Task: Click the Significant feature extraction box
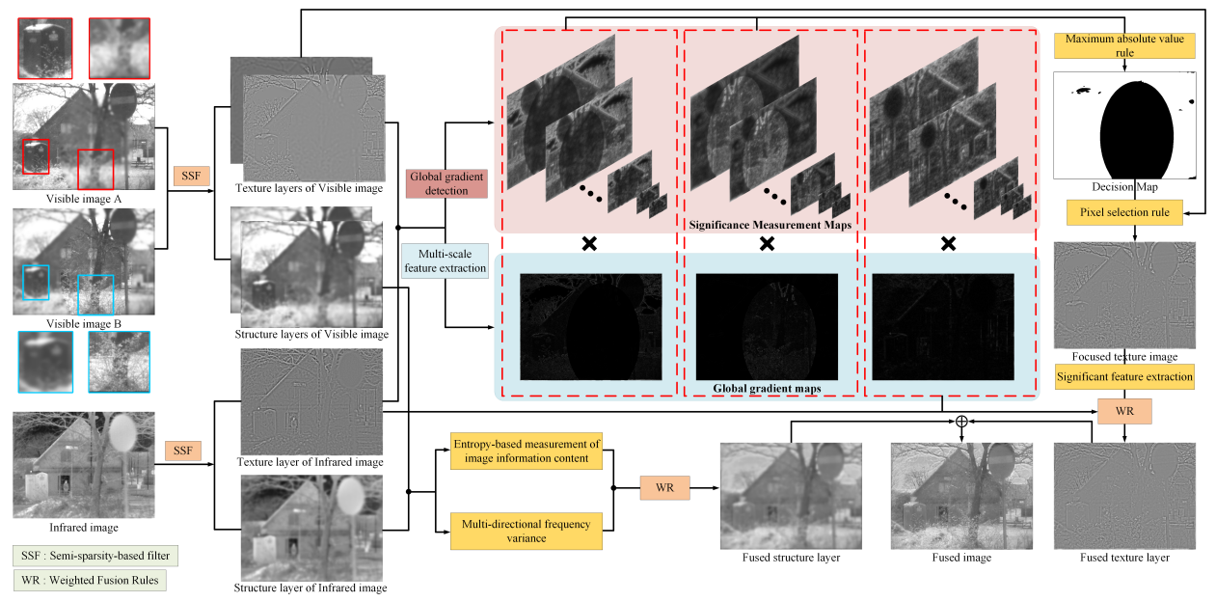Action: [x=1125, y=376]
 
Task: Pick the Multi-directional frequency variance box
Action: [x=526, y=531]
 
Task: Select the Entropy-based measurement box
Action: [x=526, y=451]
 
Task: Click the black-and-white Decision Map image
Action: [x=1124, y=124]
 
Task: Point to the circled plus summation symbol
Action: [x=960, y=422]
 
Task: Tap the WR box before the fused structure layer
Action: [x=664, y=488]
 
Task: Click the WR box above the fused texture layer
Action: [x=1124, y=411]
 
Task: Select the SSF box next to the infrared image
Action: [x=182, y=451]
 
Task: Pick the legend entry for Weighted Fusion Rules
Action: [x=86, y=581]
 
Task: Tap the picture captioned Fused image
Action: [x=961, y=496]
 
